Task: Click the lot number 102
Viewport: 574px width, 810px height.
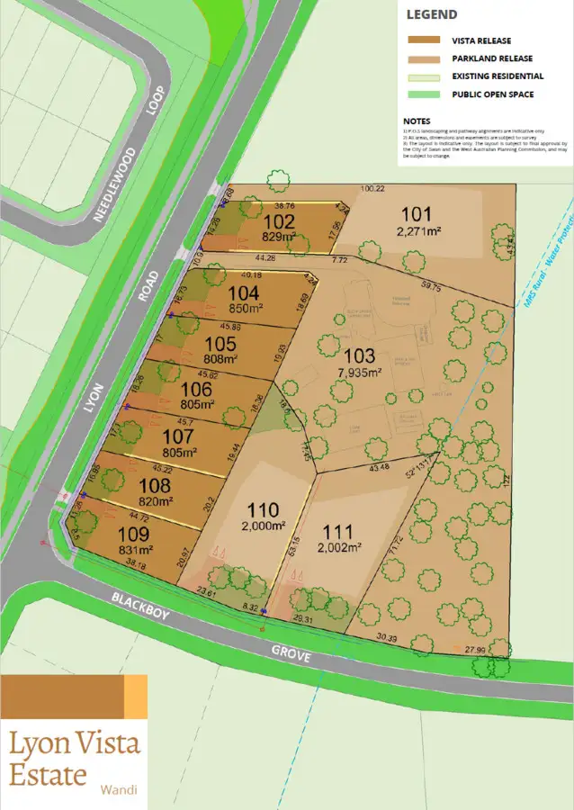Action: coord(279,221)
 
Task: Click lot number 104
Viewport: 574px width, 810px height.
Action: coord(244,292)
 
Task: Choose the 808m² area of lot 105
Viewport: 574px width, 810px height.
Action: coord(220,357)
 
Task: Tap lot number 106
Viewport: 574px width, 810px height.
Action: coord(197,390)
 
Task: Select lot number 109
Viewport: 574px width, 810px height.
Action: coord(134,534)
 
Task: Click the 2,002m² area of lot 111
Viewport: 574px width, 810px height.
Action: coord(339,546)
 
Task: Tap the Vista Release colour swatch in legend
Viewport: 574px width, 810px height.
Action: coord(423,40)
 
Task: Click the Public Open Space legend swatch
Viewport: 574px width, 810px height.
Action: coord(423,94)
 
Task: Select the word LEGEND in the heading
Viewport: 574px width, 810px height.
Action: coord(432,14)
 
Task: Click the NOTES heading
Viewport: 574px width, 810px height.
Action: coord(417,121)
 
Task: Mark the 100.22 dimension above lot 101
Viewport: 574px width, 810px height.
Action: coord(372,189)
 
